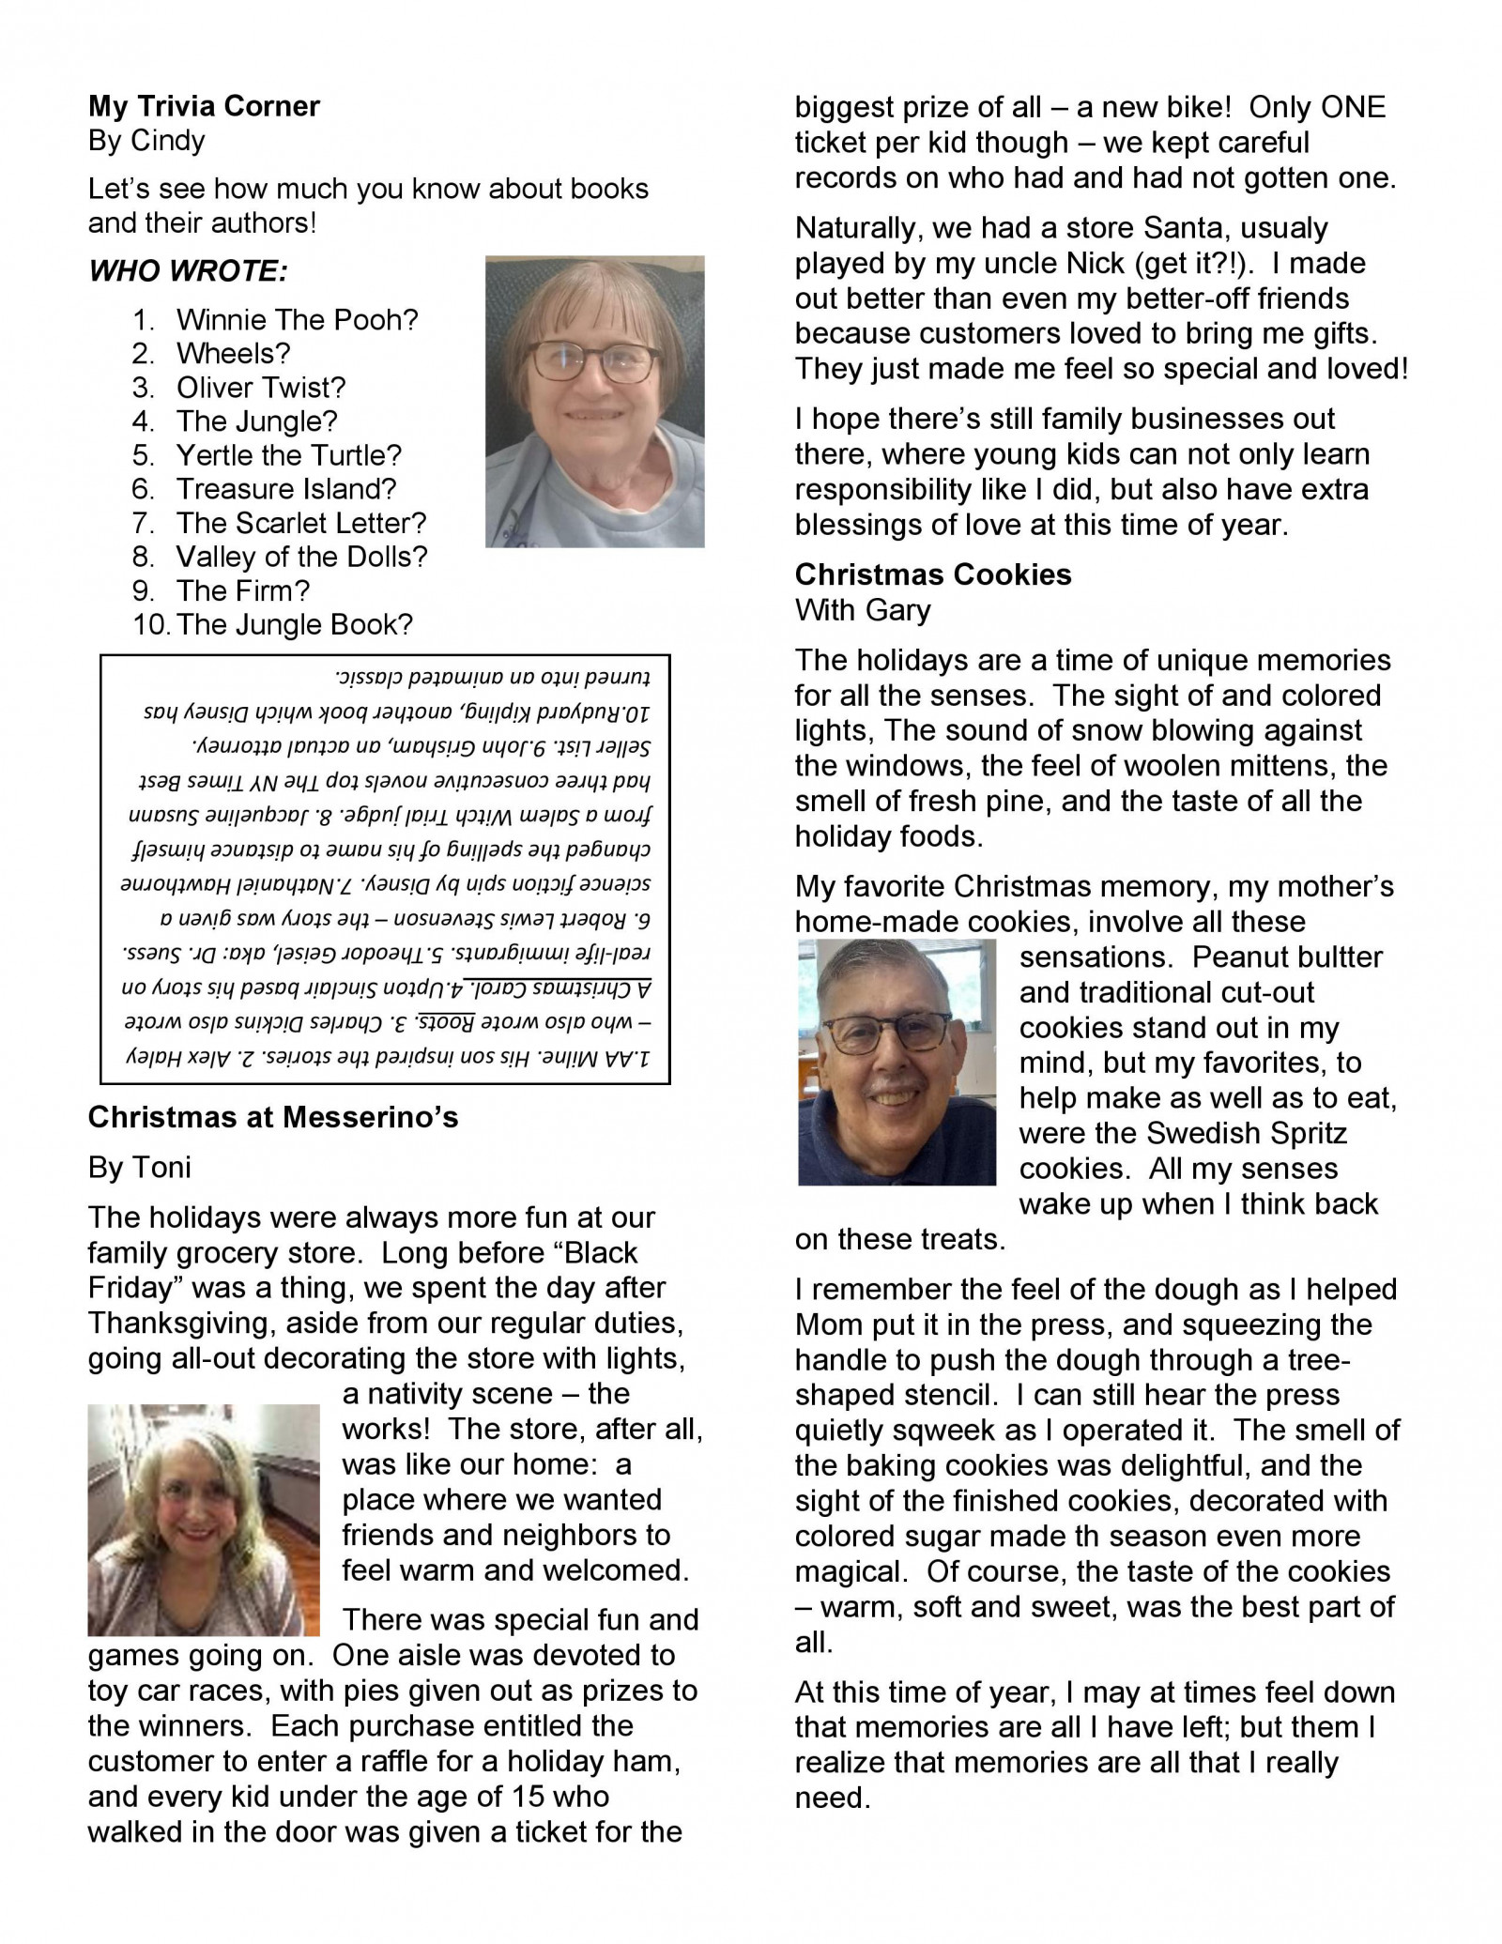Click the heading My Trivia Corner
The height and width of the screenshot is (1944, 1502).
(204, 106)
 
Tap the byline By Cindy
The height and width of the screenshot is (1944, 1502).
(146, 141)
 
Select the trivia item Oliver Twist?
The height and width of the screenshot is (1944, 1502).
(261, 388)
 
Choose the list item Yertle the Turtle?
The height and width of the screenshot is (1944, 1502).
(288, 455)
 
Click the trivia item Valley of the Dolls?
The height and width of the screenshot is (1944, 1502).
(301, 557)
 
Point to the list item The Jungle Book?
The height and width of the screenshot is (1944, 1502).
(294, 624)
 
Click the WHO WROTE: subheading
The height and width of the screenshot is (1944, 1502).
(188, 271)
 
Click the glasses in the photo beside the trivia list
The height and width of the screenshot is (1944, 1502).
(593, 361)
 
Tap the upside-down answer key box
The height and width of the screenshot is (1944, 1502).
(385, 869)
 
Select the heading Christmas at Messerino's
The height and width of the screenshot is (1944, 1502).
(273, 1117)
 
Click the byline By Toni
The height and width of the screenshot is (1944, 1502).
(140, 1167)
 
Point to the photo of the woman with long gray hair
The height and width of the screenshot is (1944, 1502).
(203, 1520)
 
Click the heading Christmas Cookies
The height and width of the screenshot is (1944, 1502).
(933, 574)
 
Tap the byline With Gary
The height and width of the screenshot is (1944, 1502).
(863, 610)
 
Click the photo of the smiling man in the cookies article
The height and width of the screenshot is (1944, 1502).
(897, 1063)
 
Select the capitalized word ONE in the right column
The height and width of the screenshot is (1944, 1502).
(1352, 107)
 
